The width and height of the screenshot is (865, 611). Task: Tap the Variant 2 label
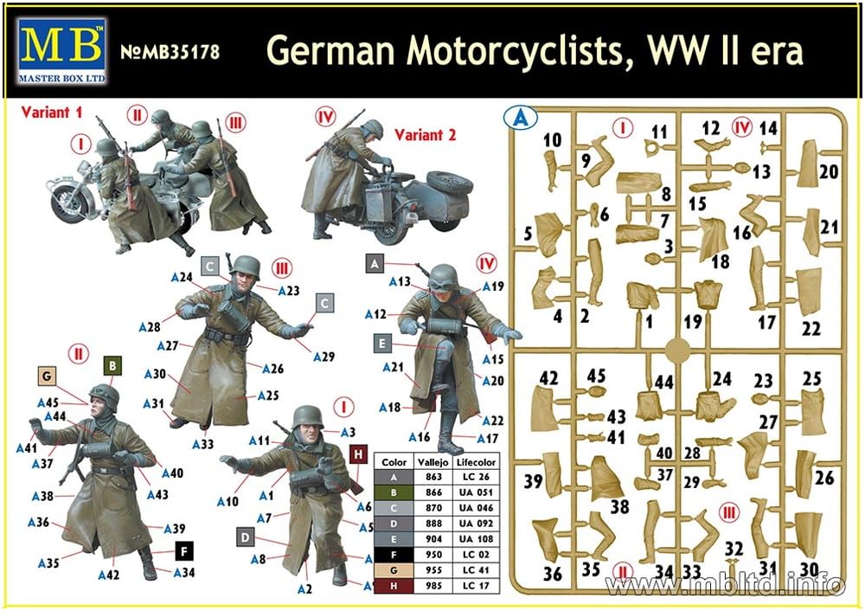[x=426, y=135]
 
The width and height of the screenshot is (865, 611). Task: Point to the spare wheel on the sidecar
[x=448, y=183]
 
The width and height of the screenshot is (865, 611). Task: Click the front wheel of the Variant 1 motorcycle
[x=69, y=203]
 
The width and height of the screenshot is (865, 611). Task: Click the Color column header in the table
[x=394, y=463]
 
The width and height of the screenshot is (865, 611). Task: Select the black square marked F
[x=183, y=550]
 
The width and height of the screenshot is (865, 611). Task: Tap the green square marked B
[x=112, y=366]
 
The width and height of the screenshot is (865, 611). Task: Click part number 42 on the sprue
[x=548, y=377]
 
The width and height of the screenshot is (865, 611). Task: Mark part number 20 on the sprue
[x=828, y=172]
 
